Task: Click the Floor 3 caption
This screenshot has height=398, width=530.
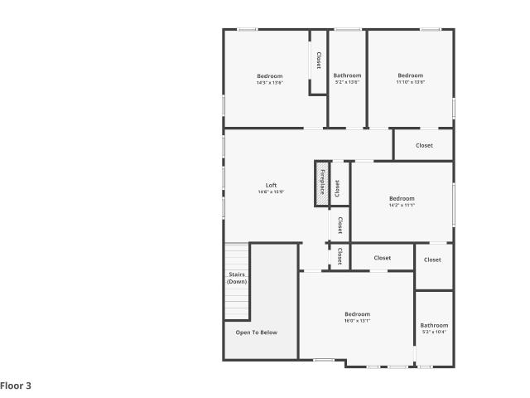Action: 16,386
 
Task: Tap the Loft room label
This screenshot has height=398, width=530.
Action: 271,185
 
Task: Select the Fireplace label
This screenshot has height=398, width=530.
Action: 322,182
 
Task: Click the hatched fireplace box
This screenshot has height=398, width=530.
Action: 321,184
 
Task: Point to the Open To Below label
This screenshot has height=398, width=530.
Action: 257,332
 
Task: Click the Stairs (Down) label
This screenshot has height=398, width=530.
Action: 237,278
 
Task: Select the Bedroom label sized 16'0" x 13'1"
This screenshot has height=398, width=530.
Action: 357,314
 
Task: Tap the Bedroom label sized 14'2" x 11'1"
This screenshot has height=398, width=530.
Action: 402,198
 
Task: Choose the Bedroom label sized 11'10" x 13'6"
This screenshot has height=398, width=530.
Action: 411,75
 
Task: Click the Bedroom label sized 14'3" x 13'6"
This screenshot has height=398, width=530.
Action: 270,75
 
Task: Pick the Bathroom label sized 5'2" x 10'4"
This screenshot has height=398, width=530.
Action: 434,325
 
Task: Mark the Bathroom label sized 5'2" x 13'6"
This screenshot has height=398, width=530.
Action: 347,75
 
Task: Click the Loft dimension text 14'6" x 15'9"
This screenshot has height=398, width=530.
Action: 271,192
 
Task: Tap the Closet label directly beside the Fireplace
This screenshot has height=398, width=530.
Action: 337,188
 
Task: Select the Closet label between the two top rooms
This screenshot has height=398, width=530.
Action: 319,61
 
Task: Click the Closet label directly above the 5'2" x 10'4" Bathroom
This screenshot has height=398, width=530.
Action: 432,260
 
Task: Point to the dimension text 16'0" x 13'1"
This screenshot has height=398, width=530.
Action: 357,321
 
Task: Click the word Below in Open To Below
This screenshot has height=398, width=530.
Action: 268,332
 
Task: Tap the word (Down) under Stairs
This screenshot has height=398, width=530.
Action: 237,282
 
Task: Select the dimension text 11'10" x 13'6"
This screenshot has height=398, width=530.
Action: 411,82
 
